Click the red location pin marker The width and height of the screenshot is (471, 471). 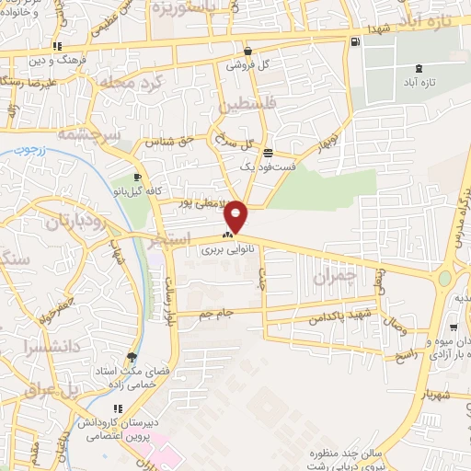point(236,216)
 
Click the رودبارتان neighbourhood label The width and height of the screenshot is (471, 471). point(64,221)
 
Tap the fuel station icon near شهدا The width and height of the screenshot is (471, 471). point(356,41)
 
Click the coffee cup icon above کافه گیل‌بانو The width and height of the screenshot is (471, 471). point(137,177)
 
